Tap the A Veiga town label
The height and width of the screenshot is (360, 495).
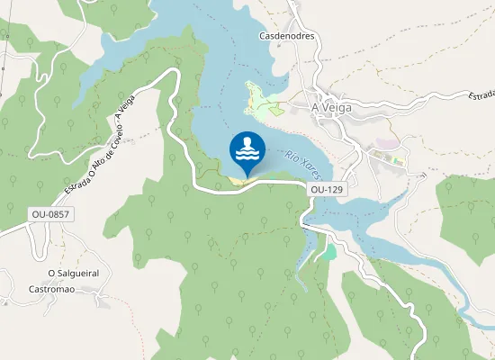[x=330, y=106]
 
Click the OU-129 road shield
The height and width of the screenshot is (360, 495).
[x=327, y=190]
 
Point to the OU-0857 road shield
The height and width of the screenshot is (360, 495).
[x=50, y=214]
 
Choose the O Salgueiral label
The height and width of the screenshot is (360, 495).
[x=74, y=273]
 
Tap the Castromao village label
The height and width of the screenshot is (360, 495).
[x=51, y=289]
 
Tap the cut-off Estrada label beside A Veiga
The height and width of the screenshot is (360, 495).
[x=481, y=94]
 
